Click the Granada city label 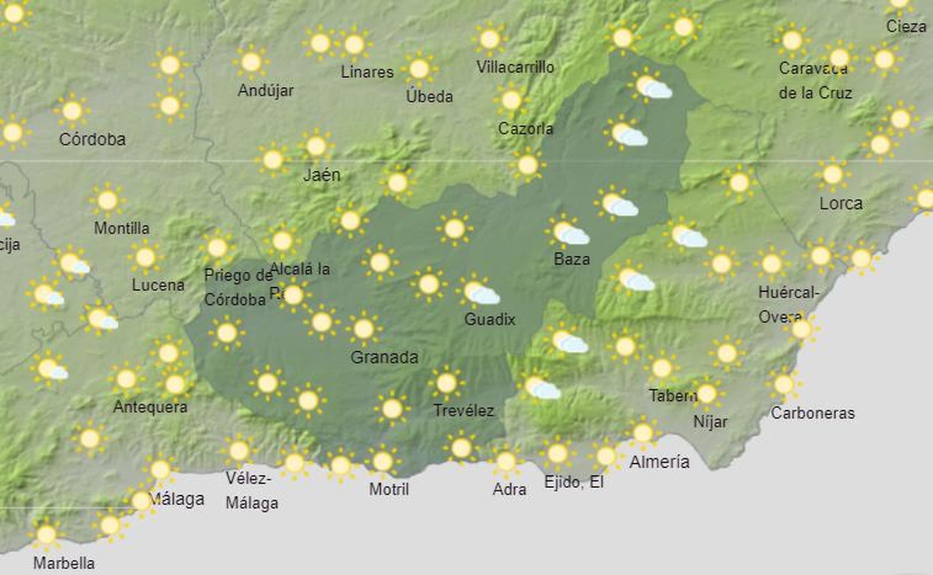pos(384,357)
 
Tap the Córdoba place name pos(92,139)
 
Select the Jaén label pos(322,174)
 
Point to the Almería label pos(660,462)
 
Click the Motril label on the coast pos(389,489)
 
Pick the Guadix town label pos(490,319)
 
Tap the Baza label pos(571,259)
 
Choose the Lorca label pos(841,203)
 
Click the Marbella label pos(64,563)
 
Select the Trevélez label pos(464,411)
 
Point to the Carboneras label pos(813,413)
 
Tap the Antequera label pos(150,407)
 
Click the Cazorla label pos(525,128)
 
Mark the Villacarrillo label pos(515,67)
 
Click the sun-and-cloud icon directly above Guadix pos(479,292)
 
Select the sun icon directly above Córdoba pos(72,111)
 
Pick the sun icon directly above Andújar pos(251,62)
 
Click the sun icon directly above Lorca pos(833,174)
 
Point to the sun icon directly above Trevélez pos(447,383)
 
